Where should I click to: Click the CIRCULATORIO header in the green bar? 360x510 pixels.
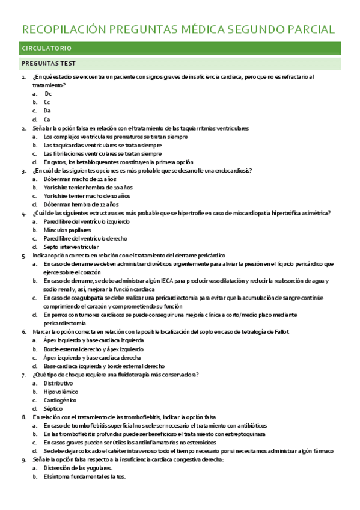pyautogui.click(x=47, y=48)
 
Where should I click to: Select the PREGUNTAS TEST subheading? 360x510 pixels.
pyautogui.click(x=48, y=63)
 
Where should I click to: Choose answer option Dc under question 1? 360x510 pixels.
pyautogui.click(x=48, y=94)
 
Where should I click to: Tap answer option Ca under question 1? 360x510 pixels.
pyautogui.click(x=47, y=120)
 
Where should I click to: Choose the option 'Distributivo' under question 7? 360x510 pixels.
pyautogui.click(x=58, y=383)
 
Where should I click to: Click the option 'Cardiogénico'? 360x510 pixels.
pyautogui.click(x=61, y=400)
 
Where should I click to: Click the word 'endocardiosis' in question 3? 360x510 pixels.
pyautogui.click(x=231, y=171)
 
